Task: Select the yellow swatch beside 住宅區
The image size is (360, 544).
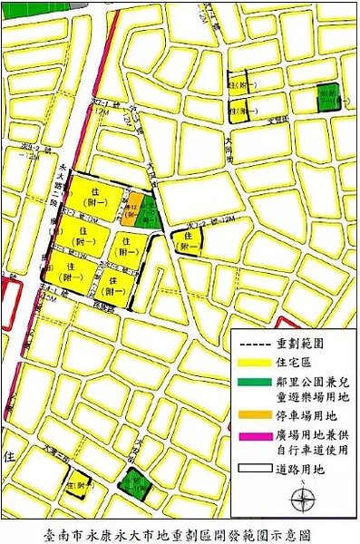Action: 253,364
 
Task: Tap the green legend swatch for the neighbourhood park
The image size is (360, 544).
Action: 253,384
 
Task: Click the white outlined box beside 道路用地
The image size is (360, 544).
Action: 253,470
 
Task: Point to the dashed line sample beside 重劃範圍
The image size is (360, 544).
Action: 253,345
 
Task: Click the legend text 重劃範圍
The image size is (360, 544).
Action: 300,345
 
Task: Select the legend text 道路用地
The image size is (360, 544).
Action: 300,470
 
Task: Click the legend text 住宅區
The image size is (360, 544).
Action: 294,364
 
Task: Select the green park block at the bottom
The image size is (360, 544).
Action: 136,484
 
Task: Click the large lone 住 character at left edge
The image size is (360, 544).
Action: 10,454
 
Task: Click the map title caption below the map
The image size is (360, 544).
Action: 179,534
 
